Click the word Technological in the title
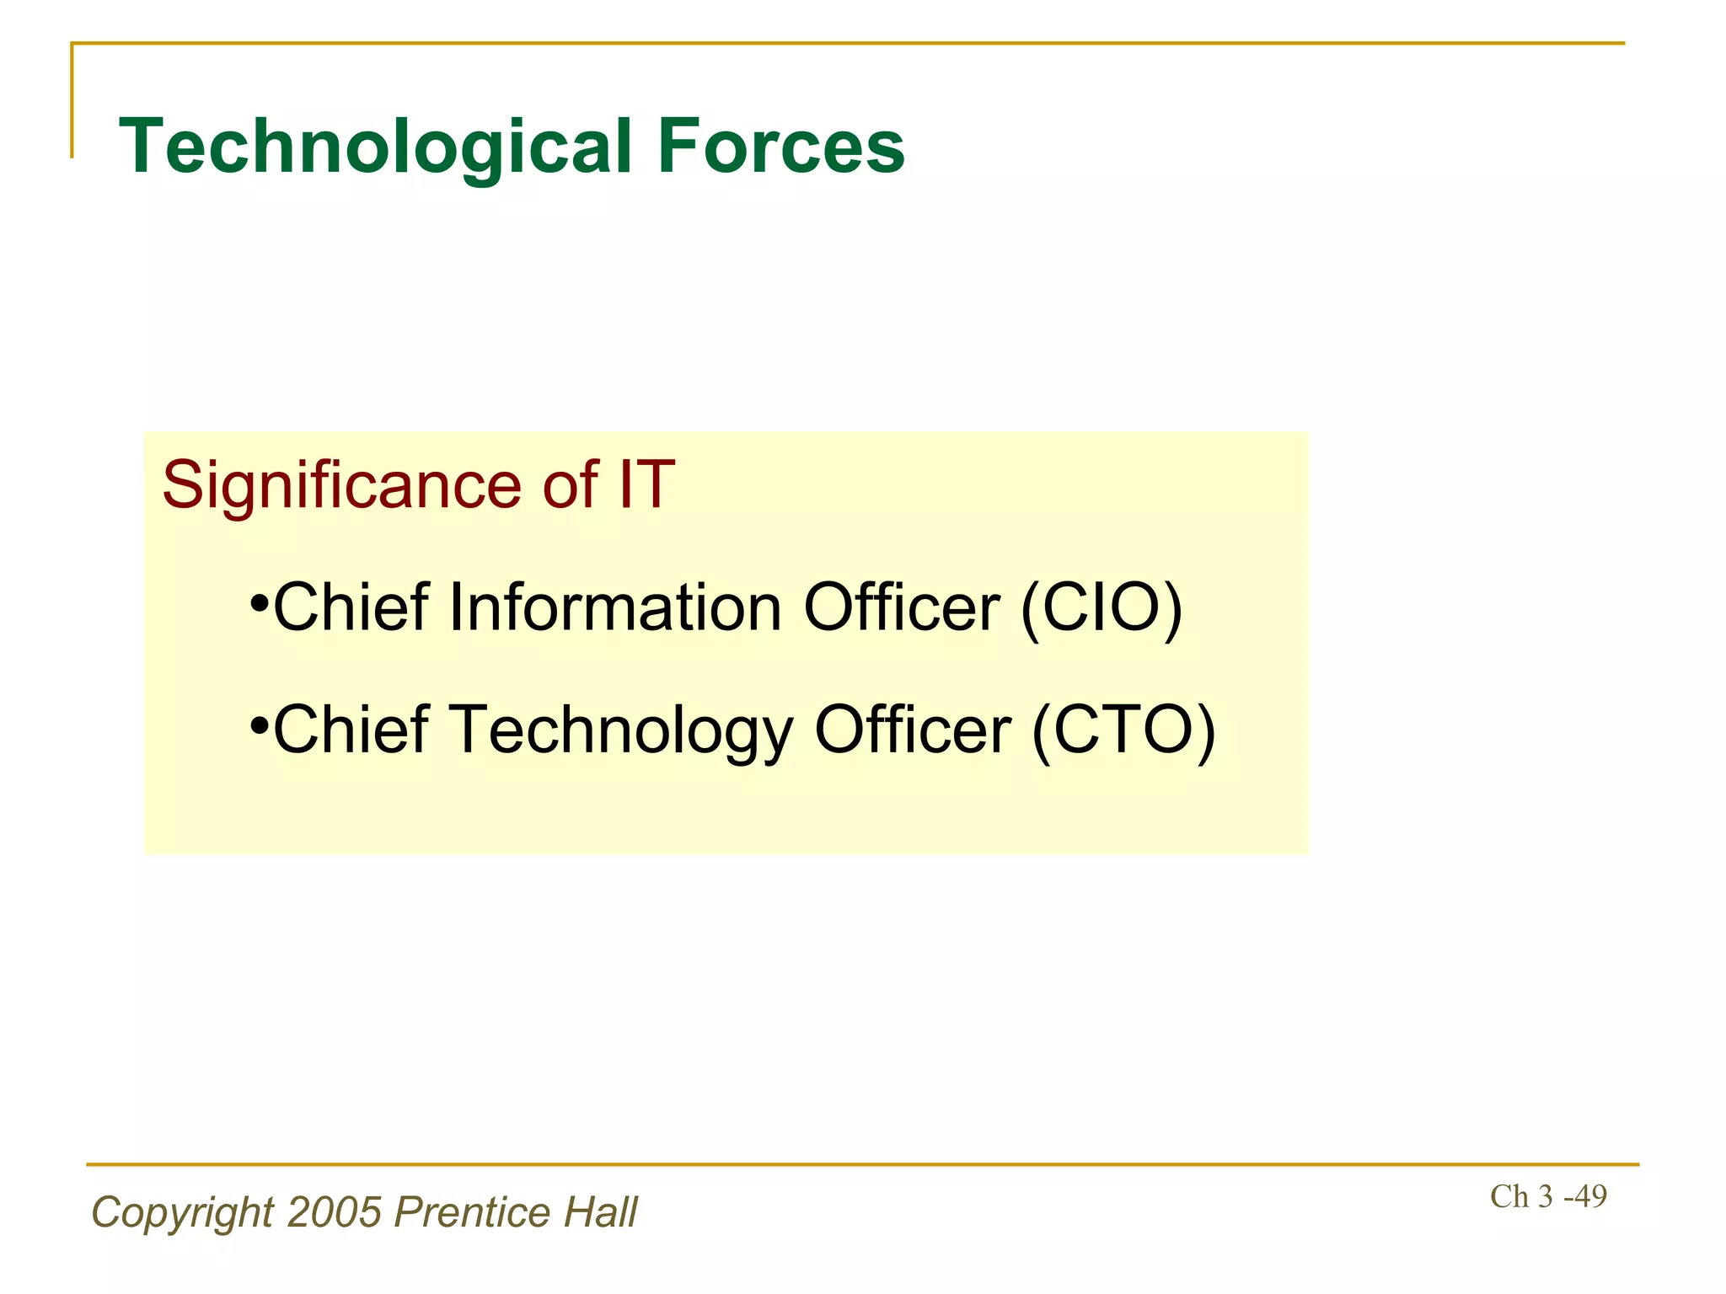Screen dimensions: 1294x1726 [375, 147]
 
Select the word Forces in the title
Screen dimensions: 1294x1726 [780, 147]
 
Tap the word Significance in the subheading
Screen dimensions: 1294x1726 [342, 486]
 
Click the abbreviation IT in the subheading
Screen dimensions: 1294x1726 [646, 486]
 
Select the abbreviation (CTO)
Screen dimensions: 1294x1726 [1123, 730]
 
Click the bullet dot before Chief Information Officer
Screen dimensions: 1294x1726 [259, 605]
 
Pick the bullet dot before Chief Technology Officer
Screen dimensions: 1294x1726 [259, 726]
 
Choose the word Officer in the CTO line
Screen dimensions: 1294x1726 [913, 730]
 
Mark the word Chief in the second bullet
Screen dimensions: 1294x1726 [351, 730]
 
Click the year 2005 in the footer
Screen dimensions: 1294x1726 [335, 1212]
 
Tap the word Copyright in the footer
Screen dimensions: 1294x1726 [183, 1213]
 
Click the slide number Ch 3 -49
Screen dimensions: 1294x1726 [1548, 1196]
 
